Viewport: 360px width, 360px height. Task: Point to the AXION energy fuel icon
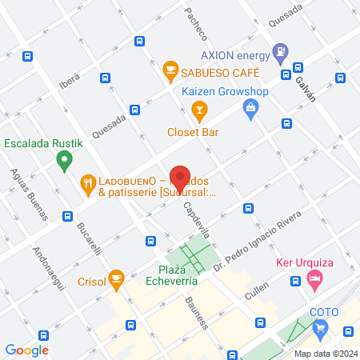280,54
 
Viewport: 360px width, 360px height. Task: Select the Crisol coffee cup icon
116,279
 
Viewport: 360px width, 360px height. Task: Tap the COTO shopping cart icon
321,326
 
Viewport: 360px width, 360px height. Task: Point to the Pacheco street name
196,23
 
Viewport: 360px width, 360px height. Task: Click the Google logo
26,350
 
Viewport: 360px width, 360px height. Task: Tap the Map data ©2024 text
324,354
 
